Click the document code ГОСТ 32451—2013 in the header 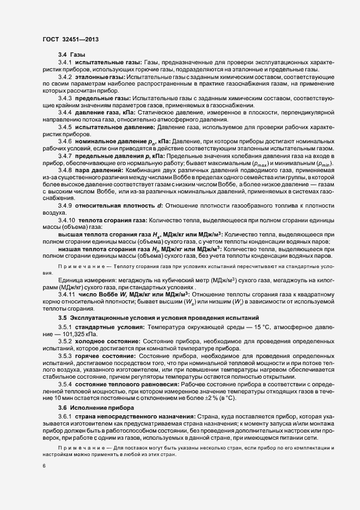(71, 39)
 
